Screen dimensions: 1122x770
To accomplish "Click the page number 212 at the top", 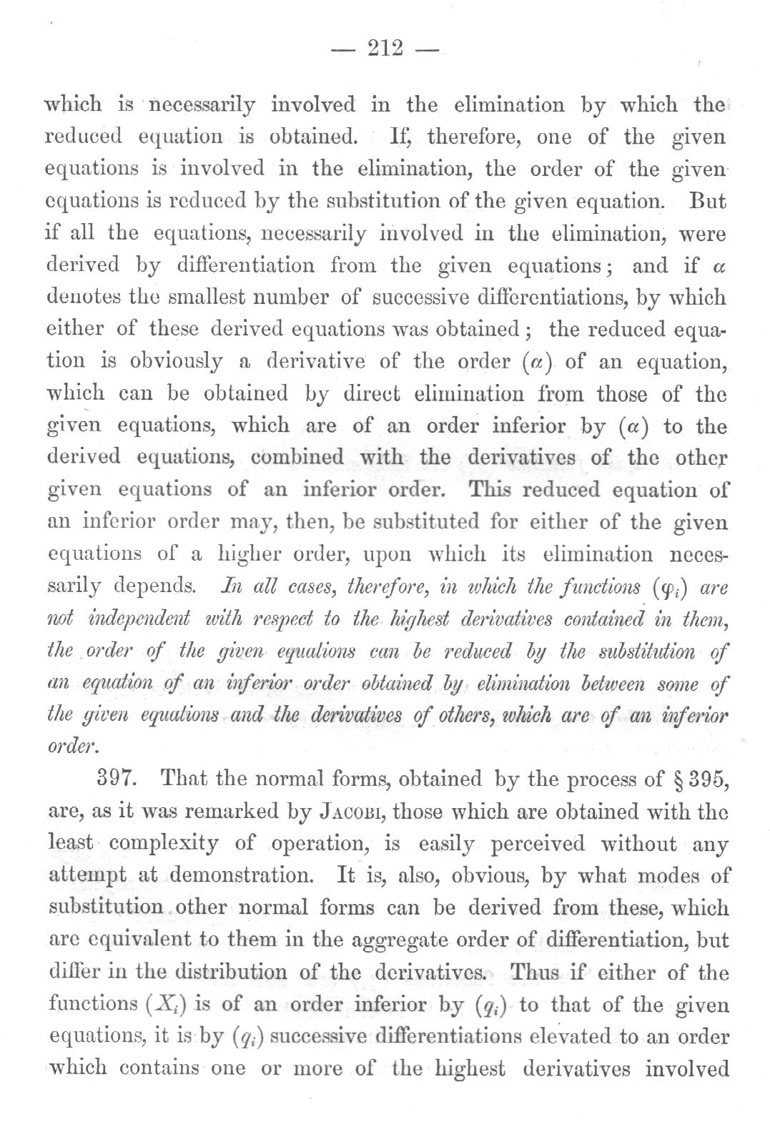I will [385, 49].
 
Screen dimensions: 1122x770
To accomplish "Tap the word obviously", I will [176, 361].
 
